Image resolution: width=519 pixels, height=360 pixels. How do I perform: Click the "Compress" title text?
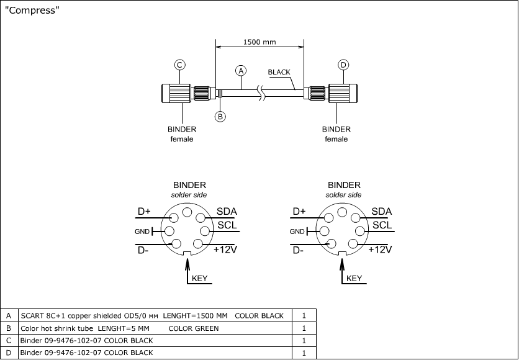point(32,11)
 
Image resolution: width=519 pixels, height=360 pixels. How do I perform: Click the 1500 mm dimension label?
point(259,42)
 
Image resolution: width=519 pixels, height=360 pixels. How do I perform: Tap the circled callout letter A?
point(241,70)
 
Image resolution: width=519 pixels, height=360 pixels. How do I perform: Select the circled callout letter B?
point(220,116)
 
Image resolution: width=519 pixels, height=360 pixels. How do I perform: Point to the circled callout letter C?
point(179,65)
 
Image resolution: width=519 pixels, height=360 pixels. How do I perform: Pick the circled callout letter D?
point(343,65)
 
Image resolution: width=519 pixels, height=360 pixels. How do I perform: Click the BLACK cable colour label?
point(279,72)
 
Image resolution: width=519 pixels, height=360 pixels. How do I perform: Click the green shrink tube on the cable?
point(220,94)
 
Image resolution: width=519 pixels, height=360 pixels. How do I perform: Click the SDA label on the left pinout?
point(227,212)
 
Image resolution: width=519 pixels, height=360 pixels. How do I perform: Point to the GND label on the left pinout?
point(142,232)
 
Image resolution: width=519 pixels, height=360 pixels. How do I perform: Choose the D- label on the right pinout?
point(298,250)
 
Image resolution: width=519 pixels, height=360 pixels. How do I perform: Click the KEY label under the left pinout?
point(199,279)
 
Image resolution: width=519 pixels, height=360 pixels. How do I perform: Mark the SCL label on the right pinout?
point(382,225)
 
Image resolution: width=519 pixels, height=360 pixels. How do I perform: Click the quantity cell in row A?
point(304,316)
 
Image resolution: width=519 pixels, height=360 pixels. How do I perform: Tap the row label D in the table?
point(9,353)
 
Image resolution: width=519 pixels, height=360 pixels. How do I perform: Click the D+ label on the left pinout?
point(144,212)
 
